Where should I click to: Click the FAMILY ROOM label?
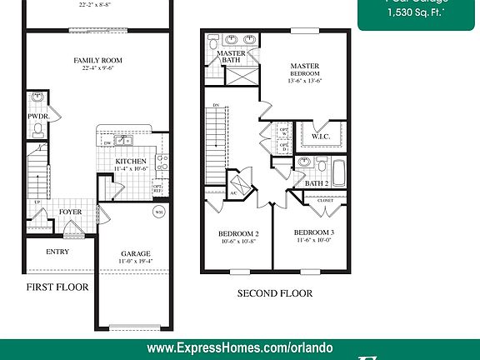[x=98, y=60]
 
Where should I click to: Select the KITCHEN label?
[x=131, y=161]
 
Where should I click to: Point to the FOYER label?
[x=70, y=212]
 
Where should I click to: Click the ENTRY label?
[x=57, y=252]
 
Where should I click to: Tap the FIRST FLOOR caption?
[x=57, y=287]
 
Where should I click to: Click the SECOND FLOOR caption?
[x=275, y=293]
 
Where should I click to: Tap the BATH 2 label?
[x=316, y=183]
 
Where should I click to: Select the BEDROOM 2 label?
[x=239, y=233]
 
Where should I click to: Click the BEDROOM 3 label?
[x=314, y=232]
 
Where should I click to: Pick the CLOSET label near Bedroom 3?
[x=325, y=200]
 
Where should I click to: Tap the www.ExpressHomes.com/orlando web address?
[x=239, y=347]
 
